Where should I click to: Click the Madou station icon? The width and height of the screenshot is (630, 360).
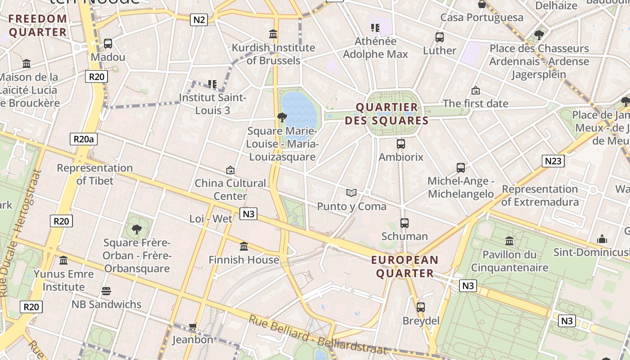pyautogui.click(x=108, y=44)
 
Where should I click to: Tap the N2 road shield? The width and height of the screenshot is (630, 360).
pyautogui.click(x=198, y=19)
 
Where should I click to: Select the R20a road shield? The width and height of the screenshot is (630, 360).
pyautogui.click(x=84, y=139)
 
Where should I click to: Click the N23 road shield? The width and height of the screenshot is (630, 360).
pyautogui.click(x=553, y=161)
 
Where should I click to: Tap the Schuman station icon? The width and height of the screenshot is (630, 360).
pyautogui.click(x=405, y=223)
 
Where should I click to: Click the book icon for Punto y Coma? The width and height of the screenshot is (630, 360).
pyautogui.click(x=351, y=193)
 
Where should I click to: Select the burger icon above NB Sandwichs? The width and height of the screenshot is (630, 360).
pyautogui.click(x=106, y=291)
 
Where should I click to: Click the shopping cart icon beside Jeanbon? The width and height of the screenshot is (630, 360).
pyautogui.click(x=193, y=326)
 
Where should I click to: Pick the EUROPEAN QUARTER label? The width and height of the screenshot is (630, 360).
pyautogui.click(x=405, y=266)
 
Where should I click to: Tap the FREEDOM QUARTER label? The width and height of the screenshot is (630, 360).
pyautogui.click(x=38, y=26)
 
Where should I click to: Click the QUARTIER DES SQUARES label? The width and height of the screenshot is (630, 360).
pyautogui.click(x=387, y=114)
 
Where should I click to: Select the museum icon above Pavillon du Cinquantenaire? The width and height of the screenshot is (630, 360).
pyautogui.click(x=509, y=241)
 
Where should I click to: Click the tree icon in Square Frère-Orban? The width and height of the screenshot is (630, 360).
pyautogui.click(x=137, y=229)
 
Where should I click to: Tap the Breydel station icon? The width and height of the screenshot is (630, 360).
pyautogui.click(x=421, y=307)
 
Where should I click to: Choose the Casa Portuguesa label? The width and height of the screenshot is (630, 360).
pyautogui.click(x=481, y=18)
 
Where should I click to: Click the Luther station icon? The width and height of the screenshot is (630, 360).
pyautogui.click(x=440, y=37)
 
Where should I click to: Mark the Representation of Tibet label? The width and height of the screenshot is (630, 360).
pyautogui.click(x=95, y=174)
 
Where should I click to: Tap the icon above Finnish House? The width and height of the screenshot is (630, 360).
pyautogui.click(x=244, y=246)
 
